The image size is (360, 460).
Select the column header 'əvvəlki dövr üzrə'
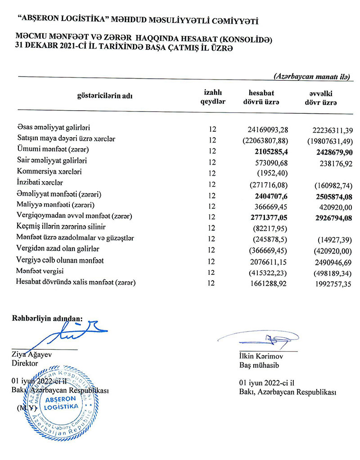coord(324,98)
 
